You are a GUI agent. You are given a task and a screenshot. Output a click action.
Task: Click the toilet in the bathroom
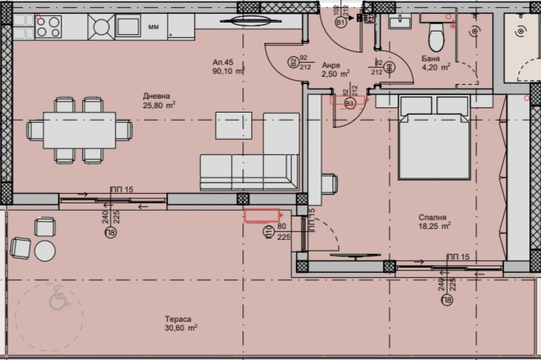436,31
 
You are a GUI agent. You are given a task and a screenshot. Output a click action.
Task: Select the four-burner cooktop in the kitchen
48,27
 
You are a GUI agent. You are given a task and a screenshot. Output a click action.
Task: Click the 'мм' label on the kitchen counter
154,27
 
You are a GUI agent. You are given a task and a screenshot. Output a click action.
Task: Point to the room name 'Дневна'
157,96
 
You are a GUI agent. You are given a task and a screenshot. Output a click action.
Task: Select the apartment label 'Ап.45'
223,62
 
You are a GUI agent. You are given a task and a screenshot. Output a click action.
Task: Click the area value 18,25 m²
433,226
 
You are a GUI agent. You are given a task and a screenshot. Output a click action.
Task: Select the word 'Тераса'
178,319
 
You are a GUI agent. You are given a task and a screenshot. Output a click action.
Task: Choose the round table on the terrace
45,251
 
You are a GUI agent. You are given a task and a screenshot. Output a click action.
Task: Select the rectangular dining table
80,130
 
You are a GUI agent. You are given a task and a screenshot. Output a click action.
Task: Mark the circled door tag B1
340,23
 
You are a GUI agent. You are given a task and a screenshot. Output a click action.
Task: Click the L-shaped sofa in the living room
249,170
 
